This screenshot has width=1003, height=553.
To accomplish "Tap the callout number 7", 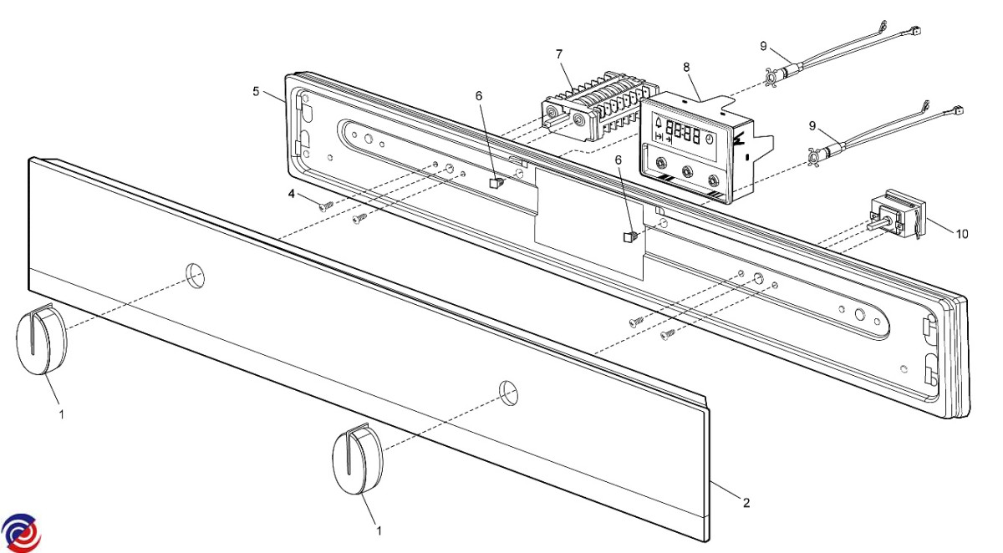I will tap(559, 54).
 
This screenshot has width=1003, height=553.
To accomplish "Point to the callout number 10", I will tap(961, 234).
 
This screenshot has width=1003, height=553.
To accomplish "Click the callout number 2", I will tap(746, 502).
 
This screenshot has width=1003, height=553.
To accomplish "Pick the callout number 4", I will tap(293, 195).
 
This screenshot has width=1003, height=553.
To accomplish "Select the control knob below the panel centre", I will tap(357, 462).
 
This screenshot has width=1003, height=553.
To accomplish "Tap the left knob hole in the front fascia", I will tap(195, 275).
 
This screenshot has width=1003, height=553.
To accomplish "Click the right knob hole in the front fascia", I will tap(507, 390).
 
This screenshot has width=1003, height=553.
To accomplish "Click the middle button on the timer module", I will tap(687, 170).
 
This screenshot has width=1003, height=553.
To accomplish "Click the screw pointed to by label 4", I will tap(326, 205).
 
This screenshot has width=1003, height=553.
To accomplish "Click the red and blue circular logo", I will tap(21, 531).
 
